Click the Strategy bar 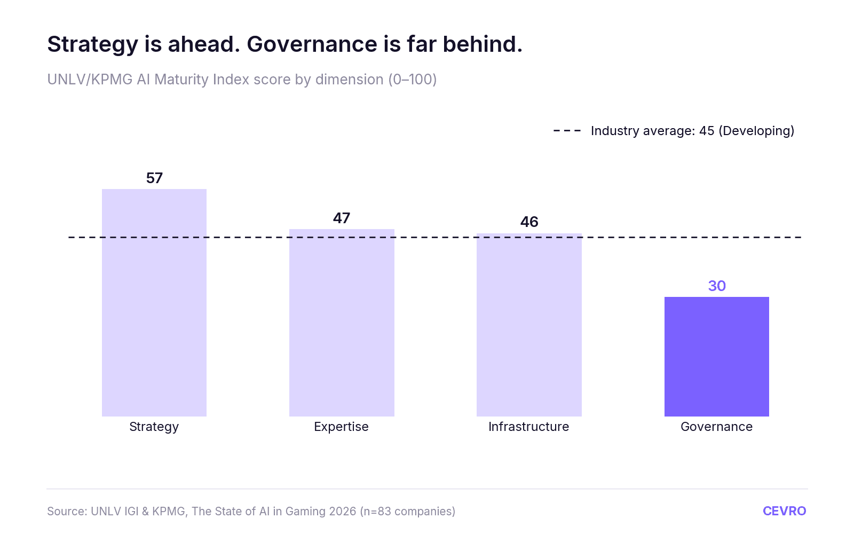[x=154, y=302]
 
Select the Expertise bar [x=342, y=323]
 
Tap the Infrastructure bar [x=529, y=325]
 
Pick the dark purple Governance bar [x=717, y=357]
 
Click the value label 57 [x=154, y=178]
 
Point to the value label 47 [x=342, y=218]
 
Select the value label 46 [x=529, y=222]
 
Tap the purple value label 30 [x=717, y=286]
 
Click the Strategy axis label [x=154, y=427]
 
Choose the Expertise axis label [x=341, y=427]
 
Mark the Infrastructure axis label [x=529, y=427]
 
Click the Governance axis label [x=717, y=427]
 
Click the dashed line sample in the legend [x=567, y=131]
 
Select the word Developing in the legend [x=756, y=131]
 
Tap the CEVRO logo [x=784, y=511]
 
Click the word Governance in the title [x=312, y=44]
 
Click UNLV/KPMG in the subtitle [x=90, y=80]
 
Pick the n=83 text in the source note [x=376, y=511]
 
